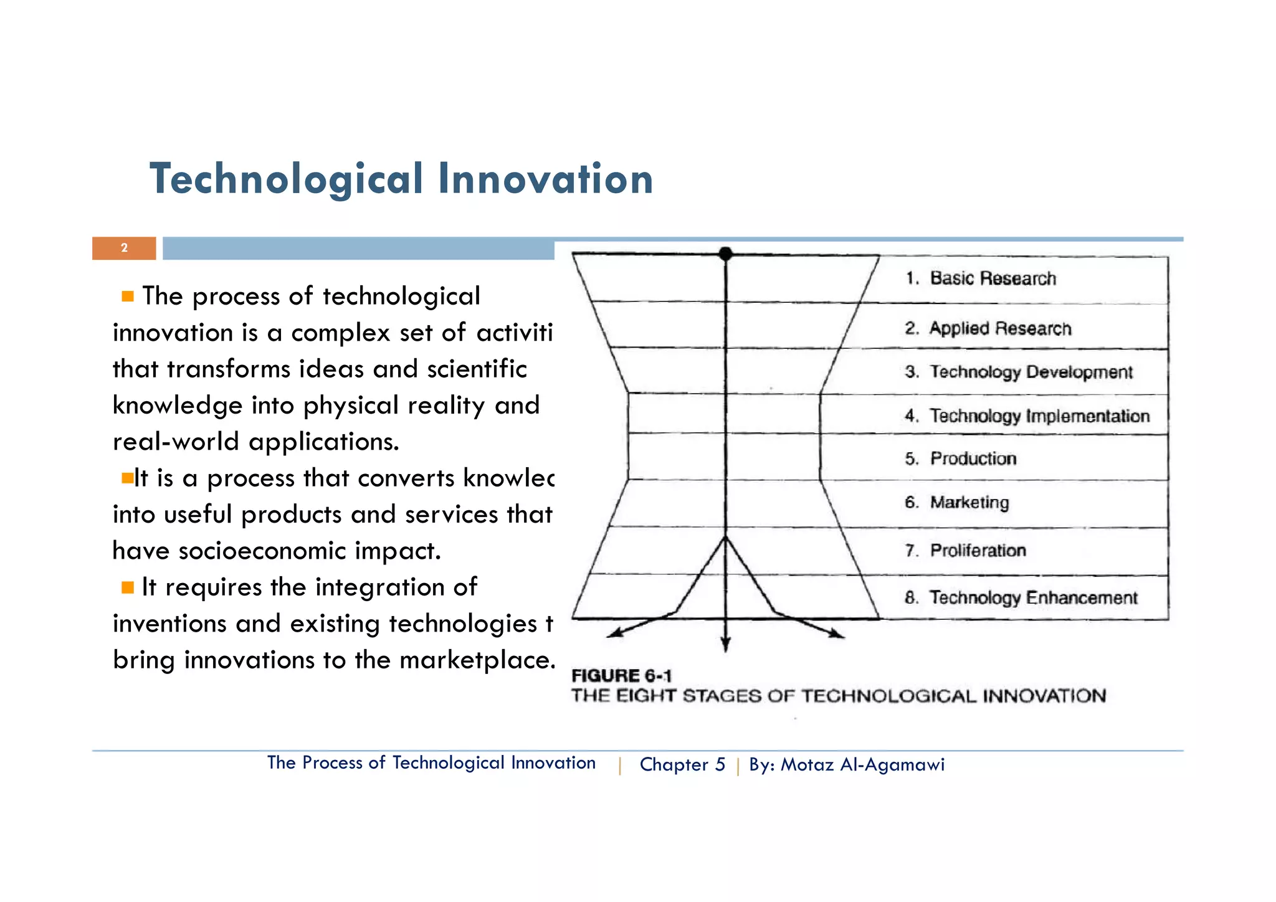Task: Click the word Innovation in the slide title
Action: point(545,179)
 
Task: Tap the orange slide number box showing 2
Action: point(124,248)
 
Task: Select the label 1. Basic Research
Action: point(981,278)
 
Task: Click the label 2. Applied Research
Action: point(988,328)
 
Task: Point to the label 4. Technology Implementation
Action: point(1027,415)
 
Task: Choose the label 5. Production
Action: point(961,458)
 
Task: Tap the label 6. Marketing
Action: point(957,502)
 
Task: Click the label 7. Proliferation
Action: point(965,550)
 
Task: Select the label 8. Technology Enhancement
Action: point(1021,597)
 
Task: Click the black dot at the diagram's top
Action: point(725,254)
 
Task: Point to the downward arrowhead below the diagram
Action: point(725,646)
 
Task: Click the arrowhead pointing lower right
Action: point(837,634)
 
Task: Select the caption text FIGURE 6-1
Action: point(621,676)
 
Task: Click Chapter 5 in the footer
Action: point(682,764)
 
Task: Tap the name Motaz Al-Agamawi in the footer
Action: point(862,764)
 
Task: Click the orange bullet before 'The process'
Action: point(128,297)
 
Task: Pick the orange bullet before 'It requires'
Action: point(128,587)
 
